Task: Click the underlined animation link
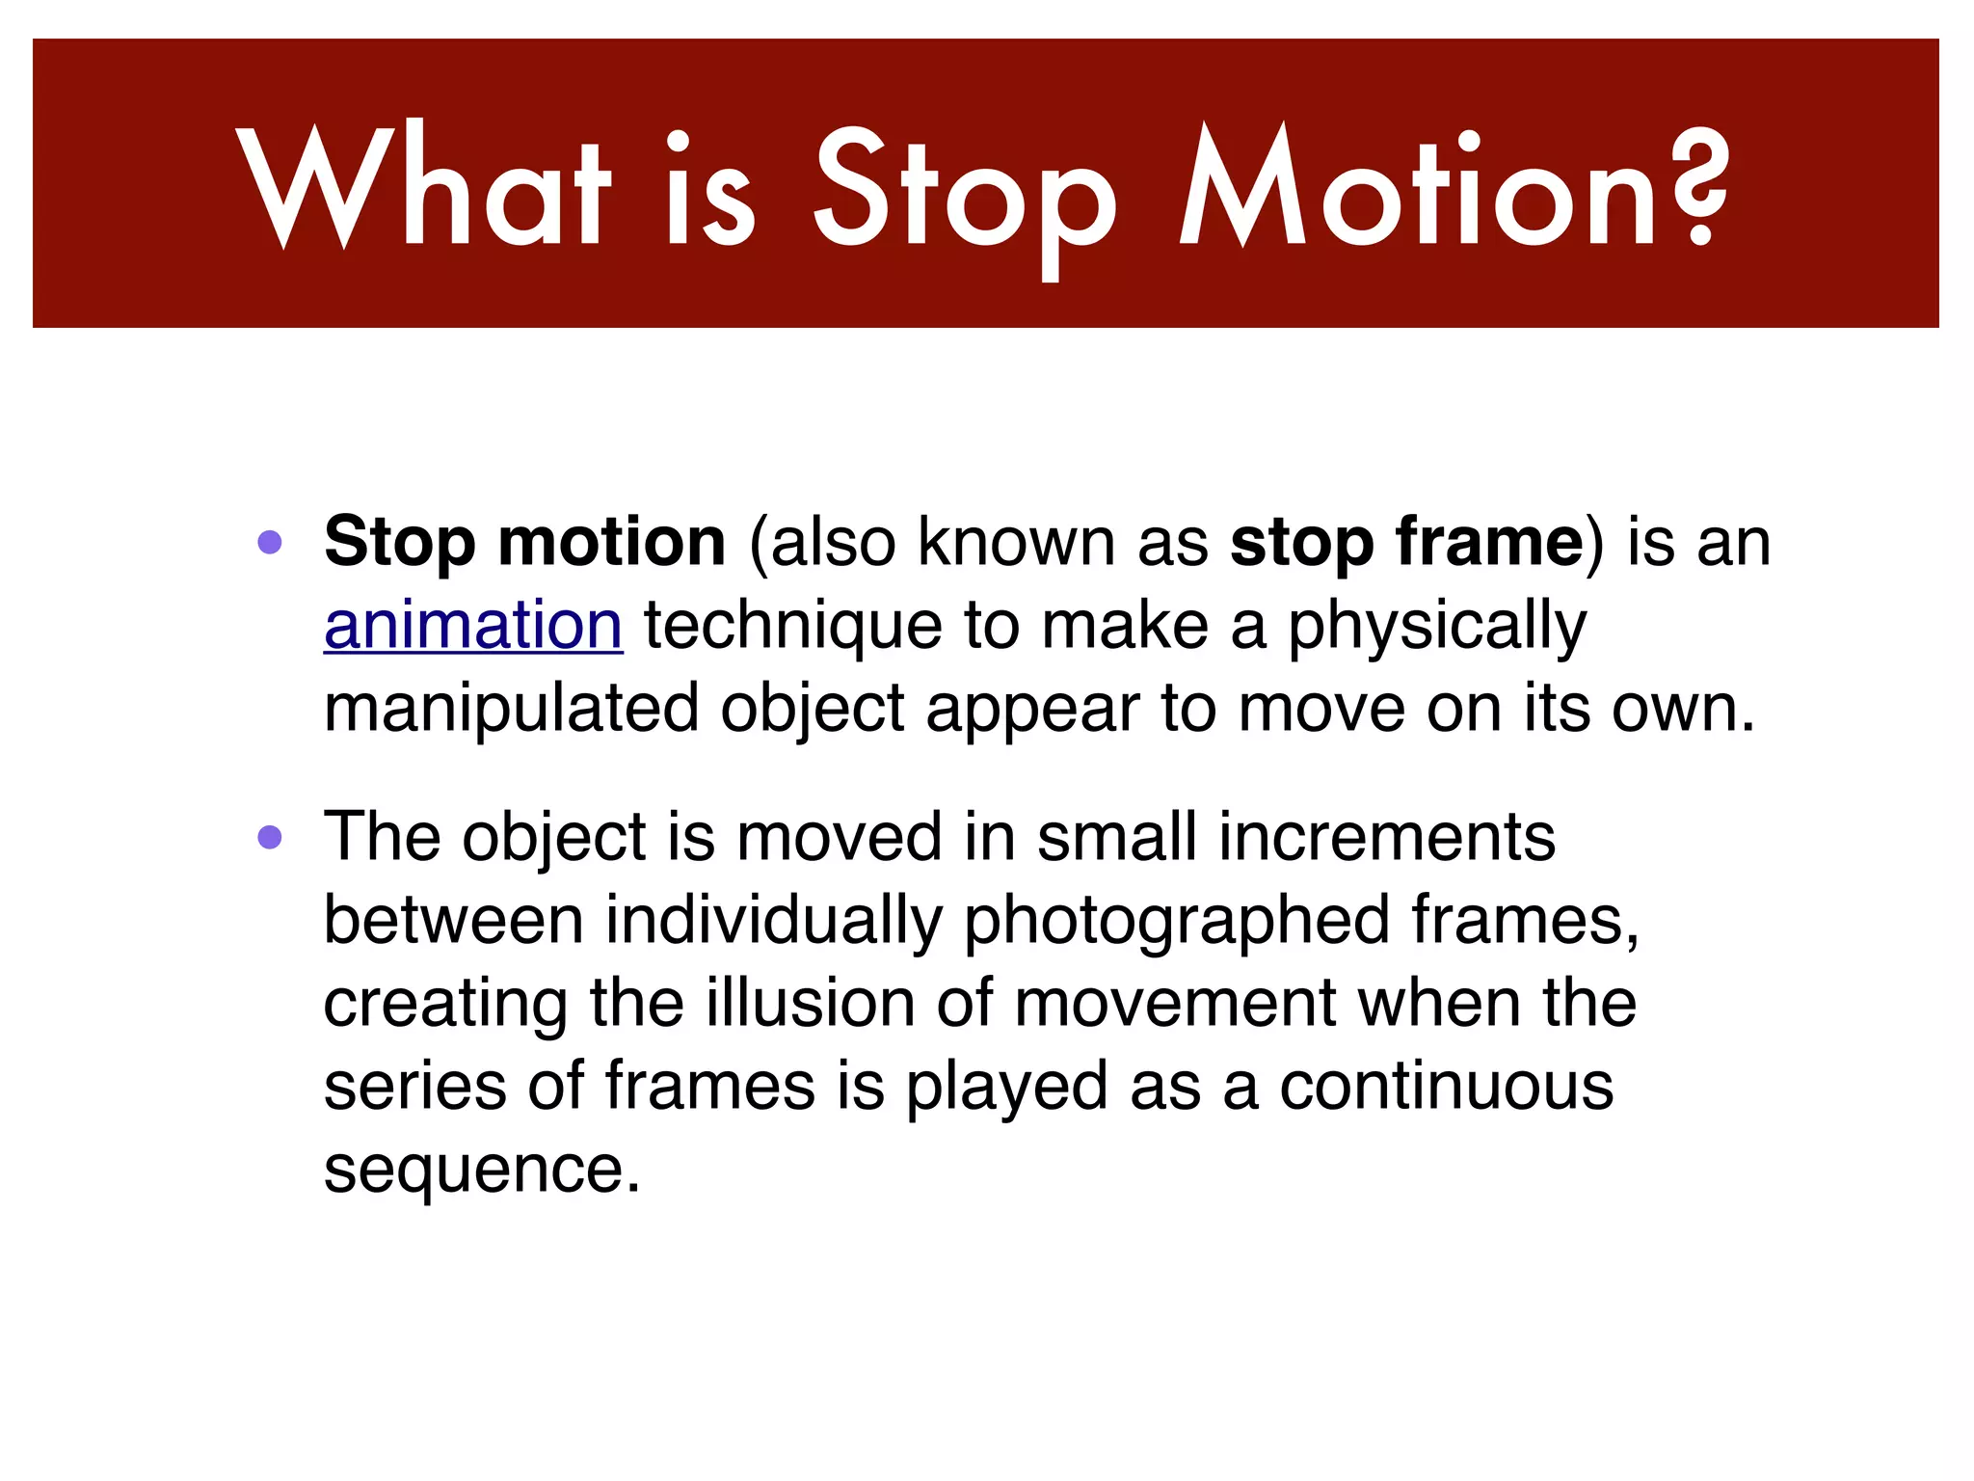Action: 473,626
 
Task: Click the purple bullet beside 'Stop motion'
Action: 270,542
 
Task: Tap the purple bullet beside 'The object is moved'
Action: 270,837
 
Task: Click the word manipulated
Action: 511,710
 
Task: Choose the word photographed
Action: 1176,922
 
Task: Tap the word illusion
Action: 810,1003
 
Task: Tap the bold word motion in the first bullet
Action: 611,542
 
